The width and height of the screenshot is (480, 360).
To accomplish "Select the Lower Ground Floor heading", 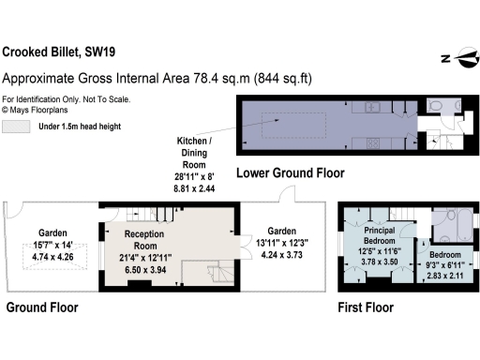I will coord(290,173).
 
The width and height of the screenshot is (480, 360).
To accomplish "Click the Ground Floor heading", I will coord(42,307).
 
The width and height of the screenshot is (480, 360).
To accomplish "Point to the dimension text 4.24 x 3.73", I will coord(281,254).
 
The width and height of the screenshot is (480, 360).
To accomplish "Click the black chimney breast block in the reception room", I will coord(142,284).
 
